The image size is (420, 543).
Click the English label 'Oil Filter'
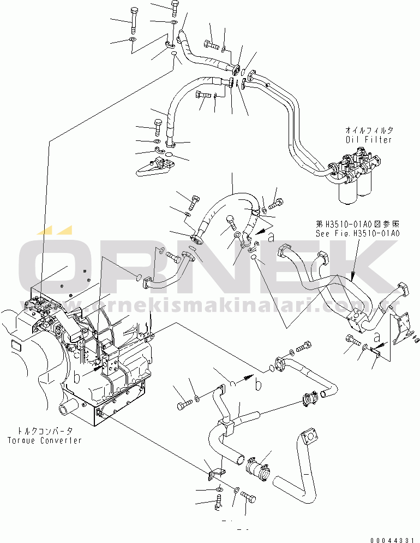(369, 140)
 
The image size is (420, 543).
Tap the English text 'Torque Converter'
(45, 440)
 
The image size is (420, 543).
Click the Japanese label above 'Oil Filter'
(369, 131)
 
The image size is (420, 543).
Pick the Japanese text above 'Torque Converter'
(45, 431)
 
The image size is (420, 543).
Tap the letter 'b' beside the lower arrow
(258, 384)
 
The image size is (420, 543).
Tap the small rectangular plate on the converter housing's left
(15, 347)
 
